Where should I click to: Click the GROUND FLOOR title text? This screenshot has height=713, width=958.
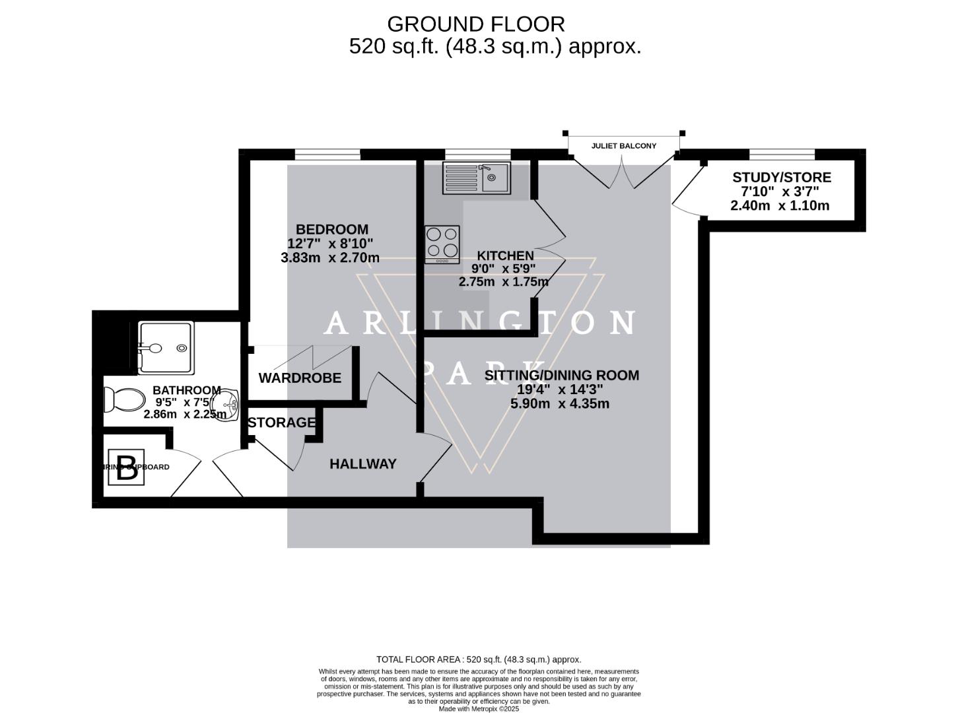(x=475, y=24)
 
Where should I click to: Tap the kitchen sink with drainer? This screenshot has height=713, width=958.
(x=477, y=177)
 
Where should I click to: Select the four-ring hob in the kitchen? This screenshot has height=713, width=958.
(x=442, y=244)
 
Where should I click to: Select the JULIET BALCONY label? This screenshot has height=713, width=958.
(x=623, y=146)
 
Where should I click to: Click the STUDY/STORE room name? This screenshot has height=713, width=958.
(x=781, y=178)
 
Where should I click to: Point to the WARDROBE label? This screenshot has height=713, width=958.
(x=300, y=378)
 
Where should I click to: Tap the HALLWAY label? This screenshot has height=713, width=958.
(x=363, y=464)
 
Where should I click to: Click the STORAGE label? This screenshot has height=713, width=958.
(x=281, y=423)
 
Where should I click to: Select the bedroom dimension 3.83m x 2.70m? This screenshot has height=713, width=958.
(x=330, y=257)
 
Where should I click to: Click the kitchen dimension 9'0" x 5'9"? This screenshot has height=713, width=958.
(x=503, y=269)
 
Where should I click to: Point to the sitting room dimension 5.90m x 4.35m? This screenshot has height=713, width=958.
(x=560, y=403)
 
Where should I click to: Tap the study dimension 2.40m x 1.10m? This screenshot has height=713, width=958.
(x=780, y=205)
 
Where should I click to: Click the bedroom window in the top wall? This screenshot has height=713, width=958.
(x=327, y=154)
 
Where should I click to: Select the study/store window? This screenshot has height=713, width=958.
(x=782, y=154)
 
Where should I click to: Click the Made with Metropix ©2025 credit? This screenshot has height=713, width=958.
(x=479, y=708)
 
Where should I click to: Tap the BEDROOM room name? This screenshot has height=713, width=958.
(x=331, y=229)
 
